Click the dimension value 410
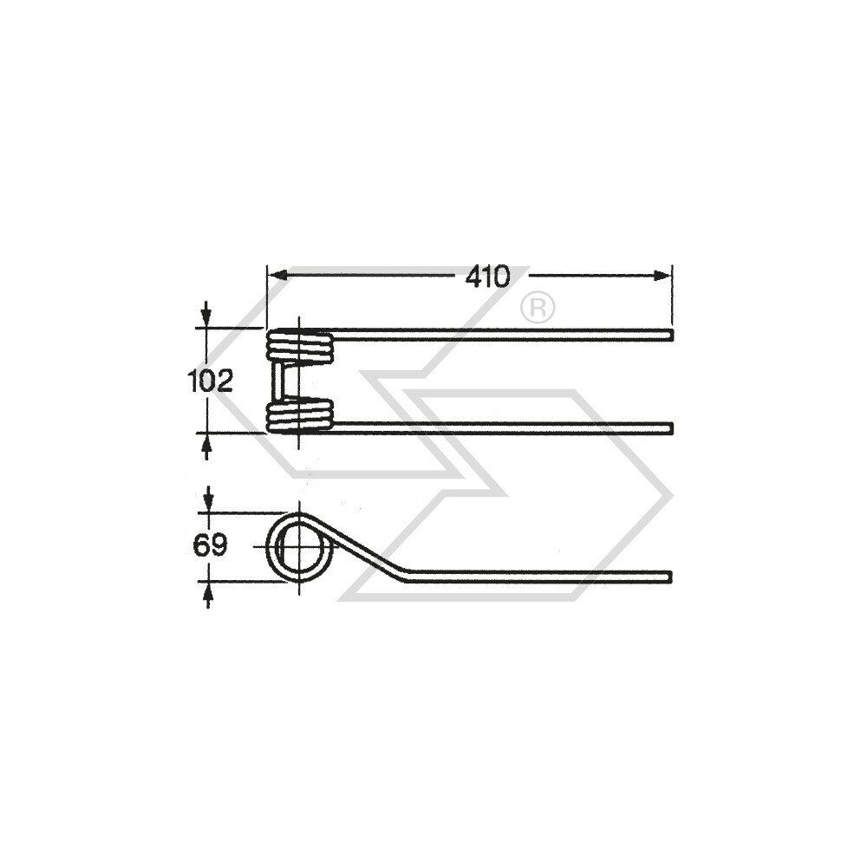(487, 277)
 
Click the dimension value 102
(211, 381)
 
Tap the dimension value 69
(210, 546)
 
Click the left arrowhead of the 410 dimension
(277, 276)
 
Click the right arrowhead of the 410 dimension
(662, 276)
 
